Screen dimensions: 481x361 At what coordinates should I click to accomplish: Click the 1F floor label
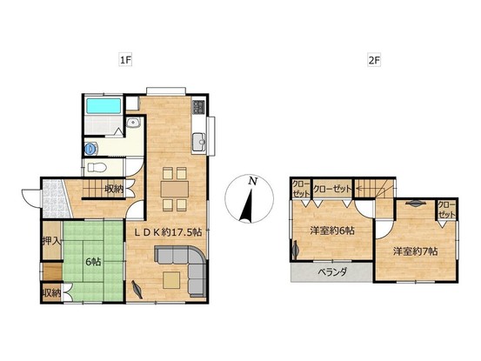(125, 60)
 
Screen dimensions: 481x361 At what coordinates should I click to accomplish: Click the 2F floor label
(374, 60)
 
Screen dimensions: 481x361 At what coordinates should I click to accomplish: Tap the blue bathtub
(103, 106)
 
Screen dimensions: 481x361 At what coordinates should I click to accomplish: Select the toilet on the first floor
(97, 168)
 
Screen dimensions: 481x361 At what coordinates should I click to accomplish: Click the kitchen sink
(199, 142)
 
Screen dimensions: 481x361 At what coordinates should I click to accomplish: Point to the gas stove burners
(198, 107)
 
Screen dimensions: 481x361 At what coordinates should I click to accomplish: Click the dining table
(175, 189)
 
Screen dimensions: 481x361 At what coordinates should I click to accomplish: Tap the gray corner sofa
(184, 267)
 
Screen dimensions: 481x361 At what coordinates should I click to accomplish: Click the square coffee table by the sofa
(171, 280)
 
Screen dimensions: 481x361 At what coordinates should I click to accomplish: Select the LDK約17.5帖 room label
(169, 232)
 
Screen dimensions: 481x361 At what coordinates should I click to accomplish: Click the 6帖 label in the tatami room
(93, 262)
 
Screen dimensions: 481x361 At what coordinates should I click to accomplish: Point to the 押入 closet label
(52, 241)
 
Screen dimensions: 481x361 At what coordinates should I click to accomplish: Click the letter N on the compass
(252, 181)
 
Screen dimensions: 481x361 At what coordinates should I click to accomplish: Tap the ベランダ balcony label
(332, 271)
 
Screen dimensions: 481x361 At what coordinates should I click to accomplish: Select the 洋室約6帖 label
(332, 231)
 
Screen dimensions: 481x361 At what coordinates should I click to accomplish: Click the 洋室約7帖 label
(416, 251)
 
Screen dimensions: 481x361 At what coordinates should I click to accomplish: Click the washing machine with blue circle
(91, 149)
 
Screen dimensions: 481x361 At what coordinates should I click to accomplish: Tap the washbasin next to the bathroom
(133, 123)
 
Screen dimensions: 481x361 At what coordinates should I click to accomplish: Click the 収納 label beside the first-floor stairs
(114, 189)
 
